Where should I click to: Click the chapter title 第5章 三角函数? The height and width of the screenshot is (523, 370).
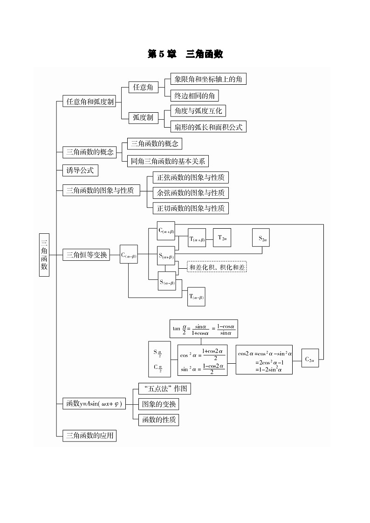point(185,54)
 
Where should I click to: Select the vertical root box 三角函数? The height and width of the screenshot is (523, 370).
point(44,254)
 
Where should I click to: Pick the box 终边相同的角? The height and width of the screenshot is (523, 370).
point(194,95)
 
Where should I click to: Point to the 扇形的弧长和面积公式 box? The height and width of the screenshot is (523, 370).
point(208,127)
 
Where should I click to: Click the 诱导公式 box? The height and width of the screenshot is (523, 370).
point(80,170)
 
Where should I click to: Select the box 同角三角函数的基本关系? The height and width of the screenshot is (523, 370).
point(168,161)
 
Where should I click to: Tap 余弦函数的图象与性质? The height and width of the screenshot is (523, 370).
point(191,192)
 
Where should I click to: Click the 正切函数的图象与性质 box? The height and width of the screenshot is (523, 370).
point(191,208)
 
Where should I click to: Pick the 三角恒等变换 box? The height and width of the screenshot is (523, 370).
point(87,255)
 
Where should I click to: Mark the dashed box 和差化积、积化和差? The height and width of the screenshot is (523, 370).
point(217,267)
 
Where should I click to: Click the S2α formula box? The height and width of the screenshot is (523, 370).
point(262,238)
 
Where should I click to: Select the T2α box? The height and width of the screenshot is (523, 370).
point(222,238)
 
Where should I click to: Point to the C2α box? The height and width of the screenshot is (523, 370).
point(310,359)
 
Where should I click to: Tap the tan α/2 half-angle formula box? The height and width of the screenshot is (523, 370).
point(203,328)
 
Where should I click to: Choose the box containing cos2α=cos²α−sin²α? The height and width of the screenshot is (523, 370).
point(264,360)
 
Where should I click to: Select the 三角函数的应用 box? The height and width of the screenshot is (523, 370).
point(89,435)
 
